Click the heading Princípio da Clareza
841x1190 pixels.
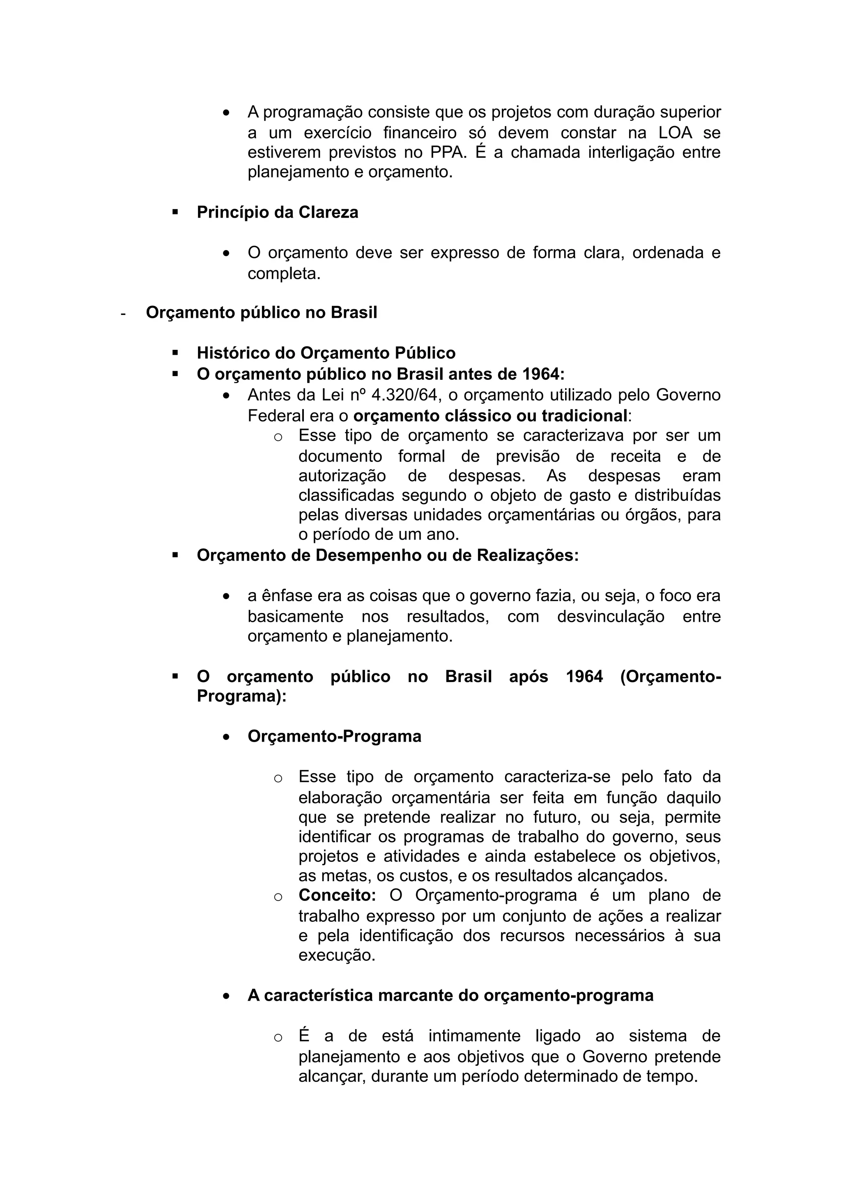tap(277, 213)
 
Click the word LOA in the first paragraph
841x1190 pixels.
tap(675, 133)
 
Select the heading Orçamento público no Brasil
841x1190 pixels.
tap(261, 312)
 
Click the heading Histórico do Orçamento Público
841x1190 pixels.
tap(326, 353)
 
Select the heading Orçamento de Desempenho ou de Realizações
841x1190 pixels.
tap(387, 555)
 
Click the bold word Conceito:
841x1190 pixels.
tap(337, 895)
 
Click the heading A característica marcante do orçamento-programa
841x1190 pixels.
tap(450, 996)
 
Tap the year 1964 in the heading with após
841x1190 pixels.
tap(584, 676)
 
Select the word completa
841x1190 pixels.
tap(283, 273)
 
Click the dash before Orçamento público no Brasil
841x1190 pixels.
tap(123, 314)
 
